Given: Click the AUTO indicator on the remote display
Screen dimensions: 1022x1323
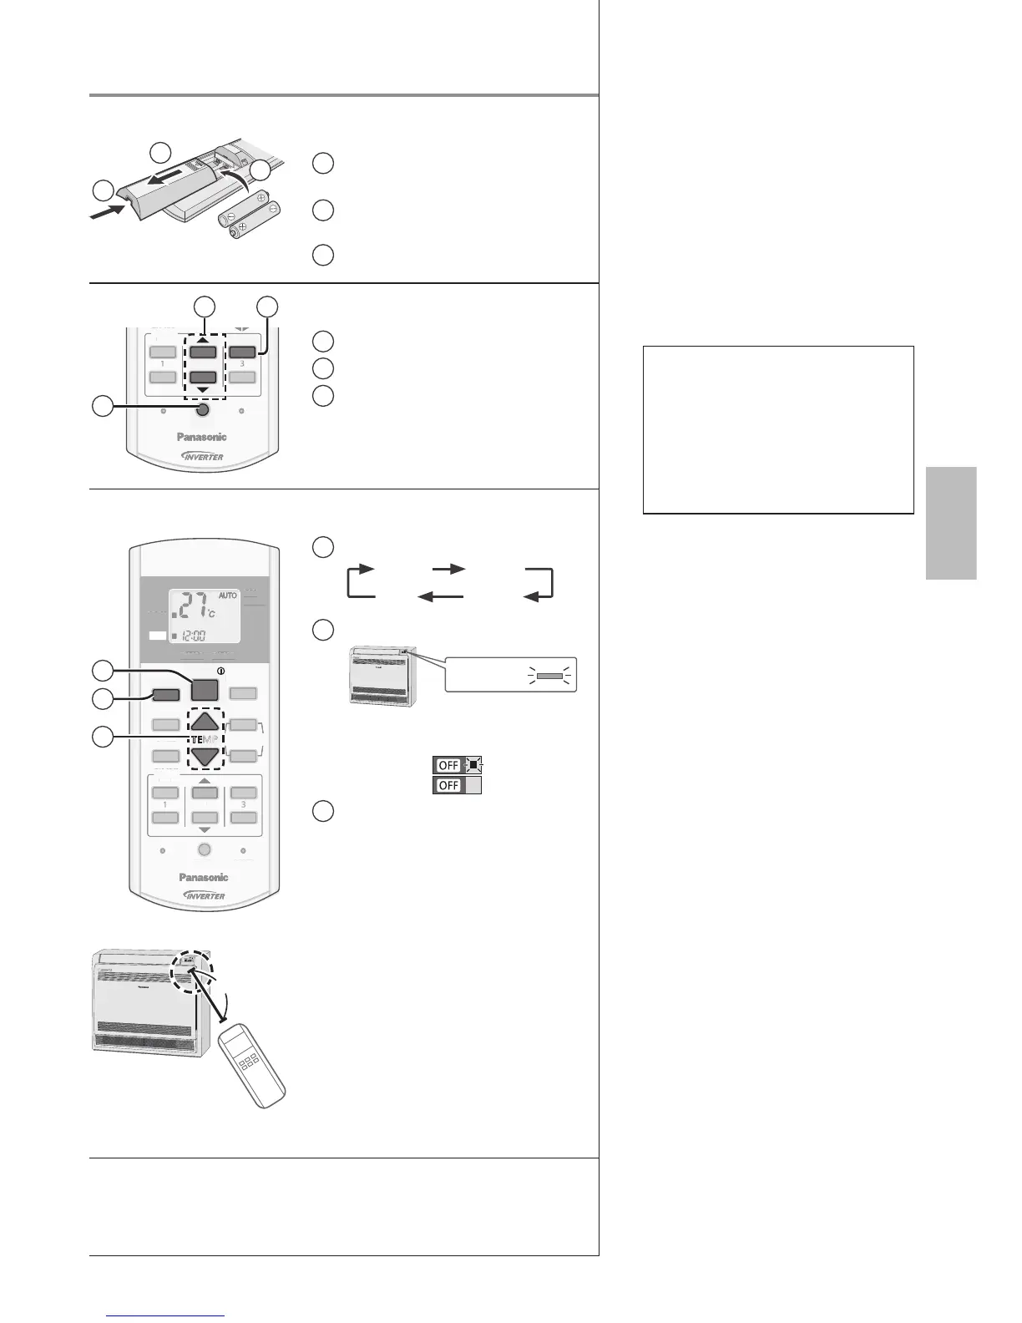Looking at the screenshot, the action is coord(228,596).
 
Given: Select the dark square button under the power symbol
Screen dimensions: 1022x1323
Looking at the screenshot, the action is coord(204,689).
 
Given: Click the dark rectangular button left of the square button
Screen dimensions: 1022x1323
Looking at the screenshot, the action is coord(165,693).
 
